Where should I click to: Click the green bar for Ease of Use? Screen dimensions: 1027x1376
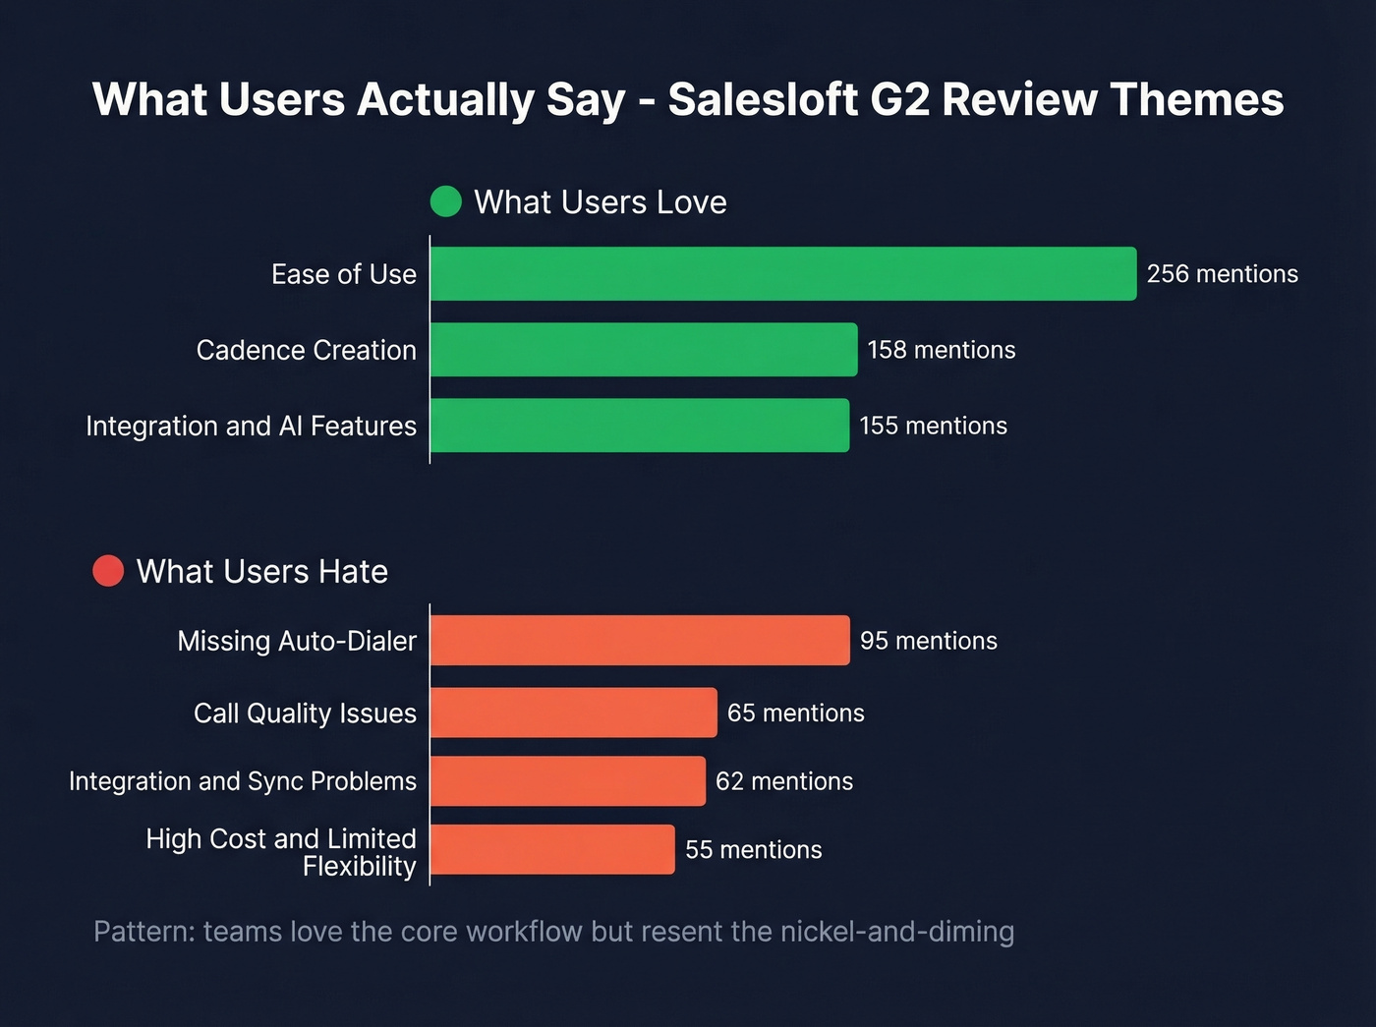[782, 274]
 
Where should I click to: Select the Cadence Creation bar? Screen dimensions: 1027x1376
[644, 350]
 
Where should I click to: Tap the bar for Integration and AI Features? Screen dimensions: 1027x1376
[640, 426]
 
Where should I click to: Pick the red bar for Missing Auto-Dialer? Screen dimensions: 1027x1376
[640, 641]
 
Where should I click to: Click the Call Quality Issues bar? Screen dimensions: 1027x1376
[574, 713]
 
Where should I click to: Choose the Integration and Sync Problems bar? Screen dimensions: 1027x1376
[568, 781]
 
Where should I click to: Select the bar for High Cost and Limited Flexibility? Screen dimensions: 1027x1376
[552, 850]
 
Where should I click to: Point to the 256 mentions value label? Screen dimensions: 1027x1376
[1222, 274]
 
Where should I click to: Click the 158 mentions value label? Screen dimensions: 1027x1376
[941, 350]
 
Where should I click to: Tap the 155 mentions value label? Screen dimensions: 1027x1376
[933, 426]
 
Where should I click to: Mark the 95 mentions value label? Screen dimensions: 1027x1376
[928, 641]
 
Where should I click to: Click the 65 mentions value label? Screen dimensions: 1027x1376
[795, 713]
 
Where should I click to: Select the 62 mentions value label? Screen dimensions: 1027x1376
[783, 781]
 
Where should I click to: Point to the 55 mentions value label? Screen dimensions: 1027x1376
[753, 850]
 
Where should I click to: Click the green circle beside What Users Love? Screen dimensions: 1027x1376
[446, 201]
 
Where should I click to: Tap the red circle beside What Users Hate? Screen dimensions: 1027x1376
[108, 571]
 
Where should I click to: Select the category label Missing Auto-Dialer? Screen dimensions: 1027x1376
[297, 641]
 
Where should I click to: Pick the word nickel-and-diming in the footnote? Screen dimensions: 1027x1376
[896, 931]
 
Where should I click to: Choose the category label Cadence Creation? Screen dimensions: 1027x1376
[306, 350]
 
